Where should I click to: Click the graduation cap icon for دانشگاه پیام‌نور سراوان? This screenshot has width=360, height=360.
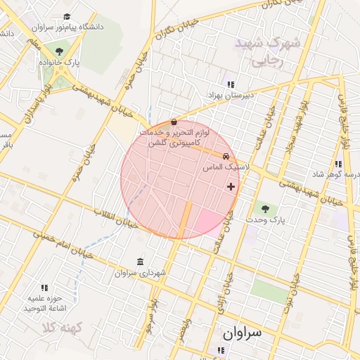(67, 16)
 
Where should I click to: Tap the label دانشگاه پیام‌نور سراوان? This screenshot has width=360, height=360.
(67, 27)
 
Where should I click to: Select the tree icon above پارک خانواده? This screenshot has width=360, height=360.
(60, 51)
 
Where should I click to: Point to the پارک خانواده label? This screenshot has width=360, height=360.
(60, 63)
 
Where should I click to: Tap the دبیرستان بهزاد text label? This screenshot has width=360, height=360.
(230, 94)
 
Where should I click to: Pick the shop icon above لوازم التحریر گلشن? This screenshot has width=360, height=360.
(174, 121)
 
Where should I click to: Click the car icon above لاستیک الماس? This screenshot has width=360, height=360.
(226, 156)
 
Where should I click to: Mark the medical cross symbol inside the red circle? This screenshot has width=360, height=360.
(231, 186)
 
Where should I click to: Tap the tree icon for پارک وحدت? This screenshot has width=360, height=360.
(265, 208)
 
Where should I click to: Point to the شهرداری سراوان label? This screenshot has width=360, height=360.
(141, 272)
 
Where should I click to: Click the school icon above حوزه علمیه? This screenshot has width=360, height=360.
(45, 287)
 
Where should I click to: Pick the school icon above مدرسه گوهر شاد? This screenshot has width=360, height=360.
(338, 164)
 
